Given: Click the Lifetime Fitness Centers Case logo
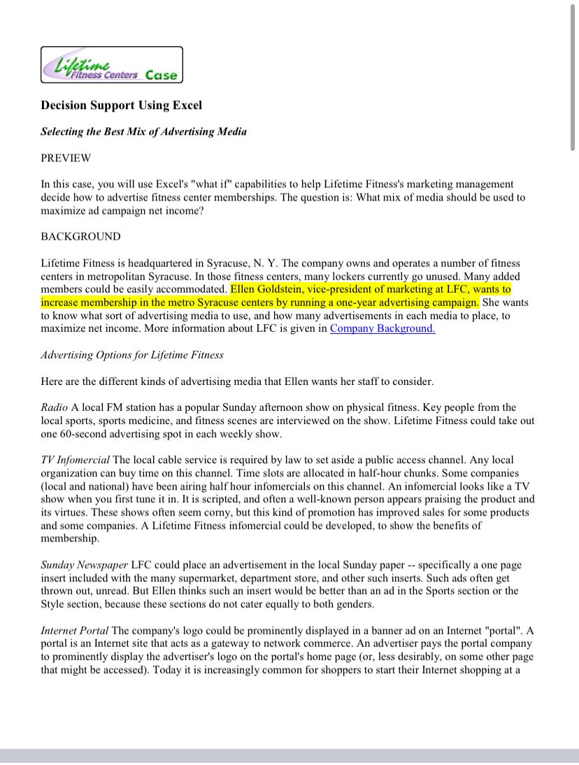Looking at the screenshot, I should pyautogui.click(x=112, y=65).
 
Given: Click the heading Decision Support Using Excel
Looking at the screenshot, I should pyautogui.click(x=121, y=105).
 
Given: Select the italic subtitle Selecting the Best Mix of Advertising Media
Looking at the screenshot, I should pyautogui.click(x=143, y=131).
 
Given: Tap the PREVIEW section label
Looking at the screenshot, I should pyautogui.click(x=66, y=158).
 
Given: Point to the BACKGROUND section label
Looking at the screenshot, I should pyautogui.click(x=80, y=236).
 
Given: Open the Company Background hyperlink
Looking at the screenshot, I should pyautogui.click(x=382, y=328).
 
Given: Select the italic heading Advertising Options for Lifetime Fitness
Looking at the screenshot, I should pyautogui.click(x=132, y=355).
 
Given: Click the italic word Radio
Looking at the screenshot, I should pyautogui.click(x=54, y=407).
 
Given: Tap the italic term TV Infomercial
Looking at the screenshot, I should pyautogui.click(x=75, y=460).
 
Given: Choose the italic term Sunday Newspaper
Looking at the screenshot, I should pyautogui.click(x=84, y=564).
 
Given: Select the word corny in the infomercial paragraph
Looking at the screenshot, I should pyautogui.click(x=222, y=512).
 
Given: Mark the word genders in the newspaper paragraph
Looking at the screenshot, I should pyautogui.click(x=354, y=604).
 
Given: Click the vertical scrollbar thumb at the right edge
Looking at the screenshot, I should pyautogui.click(x=573, y=77).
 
